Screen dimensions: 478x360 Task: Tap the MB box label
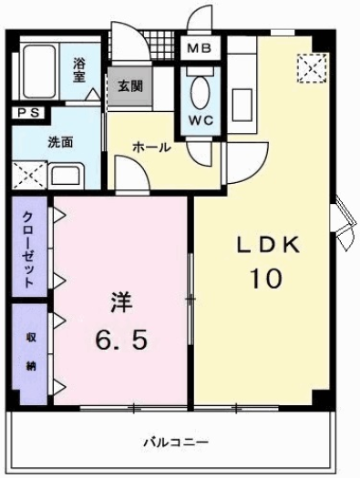tap(199, 46)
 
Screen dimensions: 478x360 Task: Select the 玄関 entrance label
tap(129, 86)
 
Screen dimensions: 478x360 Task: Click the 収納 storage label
tap(30, 351)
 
